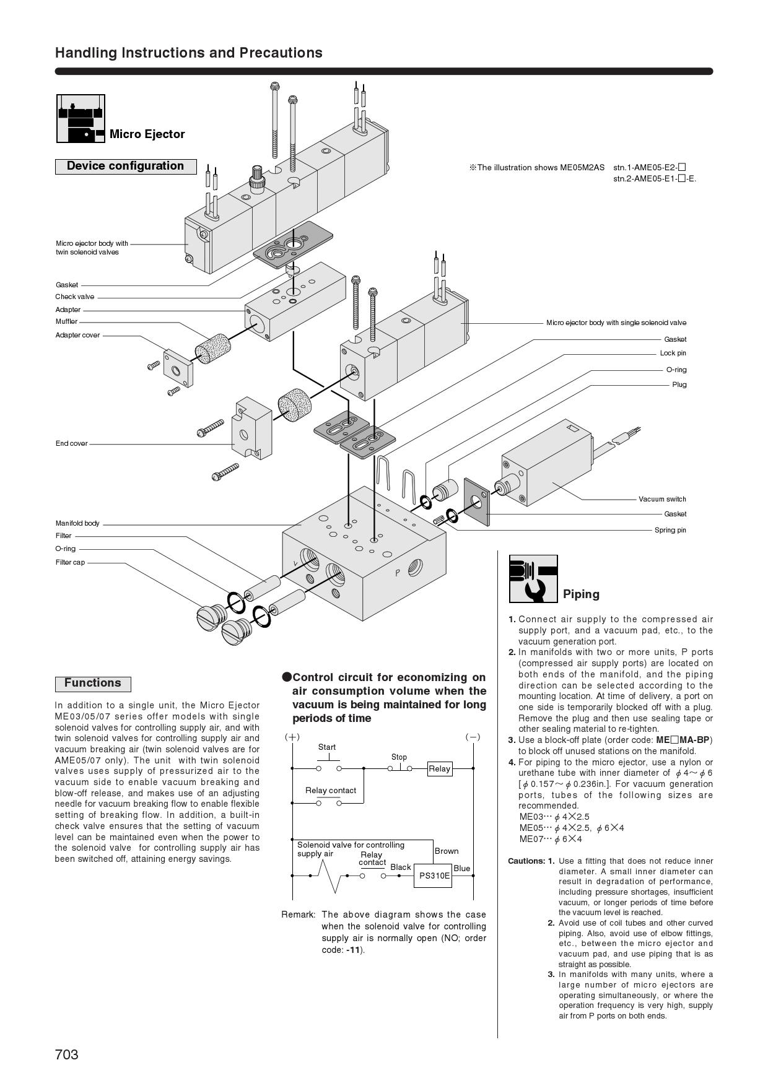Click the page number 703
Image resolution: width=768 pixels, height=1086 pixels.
pyautogui.click(x=67, y=1054)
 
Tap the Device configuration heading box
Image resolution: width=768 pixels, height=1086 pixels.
pyautogui.click(x=125, y=166)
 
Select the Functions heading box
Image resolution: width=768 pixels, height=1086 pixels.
pyautogui.click(x=93, y=683)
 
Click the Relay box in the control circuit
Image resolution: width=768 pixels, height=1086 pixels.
pyautogui.click(x=439, y=768)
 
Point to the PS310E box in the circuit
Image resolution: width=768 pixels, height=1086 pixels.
pyautogui.click(x=434, y=875)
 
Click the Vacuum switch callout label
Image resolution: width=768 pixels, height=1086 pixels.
pyautogui.click(x=662, y=499)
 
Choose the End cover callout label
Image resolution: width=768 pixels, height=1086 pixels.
pyautogui.click(x=72, y=443)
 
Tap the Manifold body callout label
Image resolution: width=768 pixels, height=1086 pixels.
pyautogui.click(x=77, y=523)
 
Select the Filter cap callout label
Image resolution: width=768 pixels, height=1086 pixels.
pyautogui.click(x=70, y=562)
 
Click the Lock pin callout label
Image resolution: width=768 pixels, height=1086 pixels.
pyautogui.click(x=673, y=353)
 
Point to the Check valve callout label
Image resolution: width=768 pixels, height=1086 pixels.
pyautogui.click(x=75, y=297)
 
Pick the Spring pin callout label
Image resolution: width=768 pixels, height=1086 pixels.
pyautogui.click(x=670, y=530)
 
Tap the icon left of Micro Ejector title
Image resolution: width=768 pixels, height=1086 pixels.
pyautogui.click(x=81, y=118)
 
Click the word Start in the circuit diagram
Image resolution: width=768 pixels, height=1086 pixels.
pyautogui.click(x=327, y=747)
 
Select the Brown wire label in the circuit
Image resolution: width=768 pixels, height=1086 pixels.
pyautogui.click(x=447, y=851)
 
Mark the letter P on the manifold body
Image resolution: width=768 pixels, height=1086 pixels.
pyautogui.click(x=398, y=573)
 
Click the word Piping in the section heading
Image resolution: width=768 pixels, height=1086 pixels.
pyautogui.click(x=581, y=594)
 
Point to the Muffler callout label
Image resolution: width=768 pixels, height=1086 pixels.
pyautogui.click(x=67, y=321)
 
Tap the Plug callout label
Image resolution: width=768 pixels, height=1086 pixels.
pyautogui.click(x=679, y=384)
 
